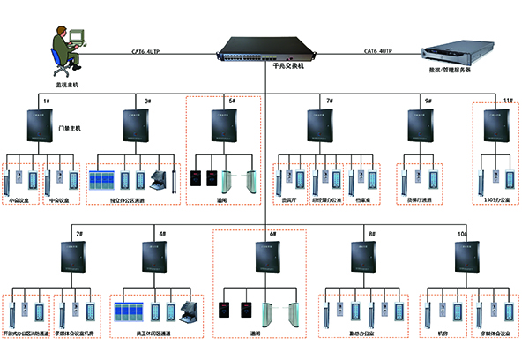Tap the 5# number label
pos(233,101)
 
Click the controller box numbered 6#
pos(263,258)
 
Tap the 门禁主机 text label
pos(69,129)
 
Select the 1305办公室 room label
pos(497,201)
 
